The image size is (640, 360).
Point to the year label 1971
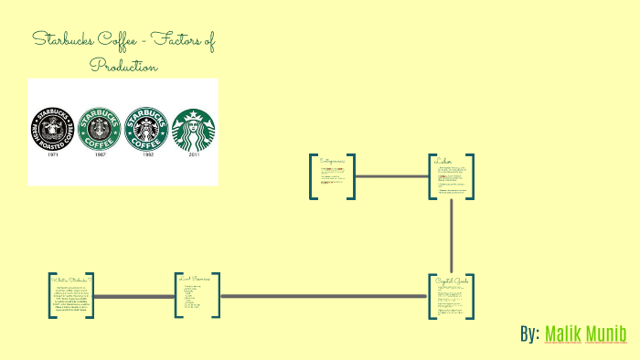52,154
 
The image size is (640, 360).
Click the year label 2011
194,154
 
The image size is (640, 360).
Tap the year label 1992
146,154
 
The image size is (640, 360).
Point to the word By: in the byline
529,334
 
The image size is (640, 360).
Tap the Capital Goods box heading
452,280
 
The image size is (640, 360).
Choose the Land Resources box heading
196,279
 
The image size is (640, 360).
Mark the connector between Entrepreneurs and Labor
391,175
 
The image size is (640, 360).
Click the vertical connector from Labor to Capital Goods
452,236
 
